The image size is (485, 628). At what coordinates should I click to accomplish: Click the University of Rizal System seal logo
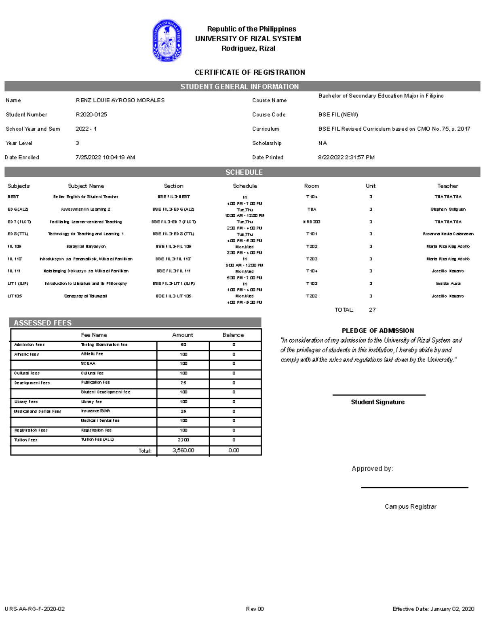click(167, 40)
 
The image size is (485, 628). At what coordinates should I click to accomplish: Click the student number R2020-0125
click(91, 115)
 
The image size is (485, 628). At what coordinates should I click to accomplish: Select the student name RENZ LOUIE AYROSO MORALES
click(120, 100)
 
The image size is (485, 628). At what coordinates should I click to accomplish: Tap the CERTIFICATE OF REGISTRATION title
click(250, 72)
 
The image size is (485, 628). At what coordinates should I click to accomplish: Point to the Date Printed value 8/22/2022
click(346, 158)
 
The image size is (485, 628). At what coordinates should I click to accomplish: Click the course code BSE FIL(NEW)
click(338, 115)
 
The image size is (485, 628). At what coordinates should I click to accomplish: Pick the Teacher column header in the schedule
click(447, 186)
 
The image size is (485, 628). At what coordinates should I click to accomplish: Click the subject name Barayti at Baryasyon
click(86, 246)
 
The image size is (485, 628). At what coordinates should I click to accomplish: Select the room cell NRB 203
click(312, 222)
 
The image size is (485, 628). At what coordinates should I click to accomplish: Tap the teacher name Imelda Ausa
click(448, 283)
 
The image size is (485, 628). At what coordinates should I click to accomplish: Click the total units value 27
click(372, 310)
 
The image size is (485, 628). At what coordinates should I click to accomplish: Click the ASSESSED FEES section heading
click(43, 323)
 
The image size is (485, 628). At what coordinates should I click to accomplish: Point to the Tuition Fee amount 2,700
click(183, 440)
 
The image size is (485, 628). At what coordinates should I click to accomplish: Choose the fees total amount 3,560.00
click(183, 450)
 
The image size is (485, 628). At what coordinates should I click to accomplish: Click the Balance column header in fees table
click(233, 335)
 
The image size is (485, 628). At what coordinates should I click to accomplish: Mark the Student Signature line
click(379, 395)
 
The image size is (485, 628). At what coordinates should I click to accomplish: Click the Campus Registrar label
click(410, 507)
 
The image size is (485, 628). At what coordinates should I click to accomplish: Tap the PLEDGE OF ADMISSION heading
click(377, 331)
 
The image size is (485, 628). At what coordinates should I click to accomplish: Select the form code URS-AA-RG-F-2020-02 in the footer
click(35, 609)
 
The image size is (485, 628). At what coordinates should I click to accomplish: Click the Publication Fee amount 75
click(183, 383)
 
